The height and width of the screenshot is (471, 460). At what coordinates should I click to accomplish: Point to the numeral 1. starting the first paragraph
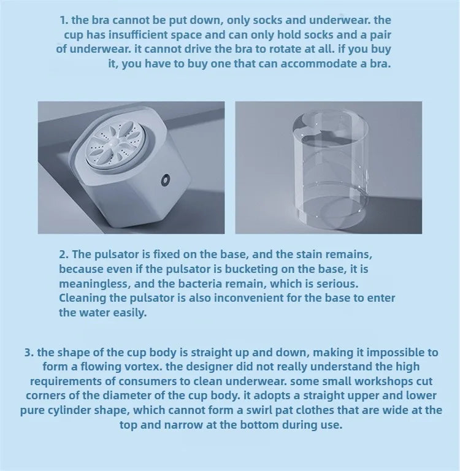point(64,20)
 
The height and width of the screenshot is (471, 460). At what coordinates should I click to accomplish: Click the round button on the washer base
point(165,180)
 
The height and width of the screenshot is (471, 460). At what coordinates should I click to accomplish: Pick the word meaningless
point(95,283)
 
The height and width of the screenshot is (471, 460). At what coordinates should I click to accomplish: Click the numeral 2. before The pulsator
point(64,254)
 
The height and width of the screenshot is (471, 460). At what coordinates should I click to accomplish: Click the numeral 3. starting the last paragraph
point(29,352)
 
